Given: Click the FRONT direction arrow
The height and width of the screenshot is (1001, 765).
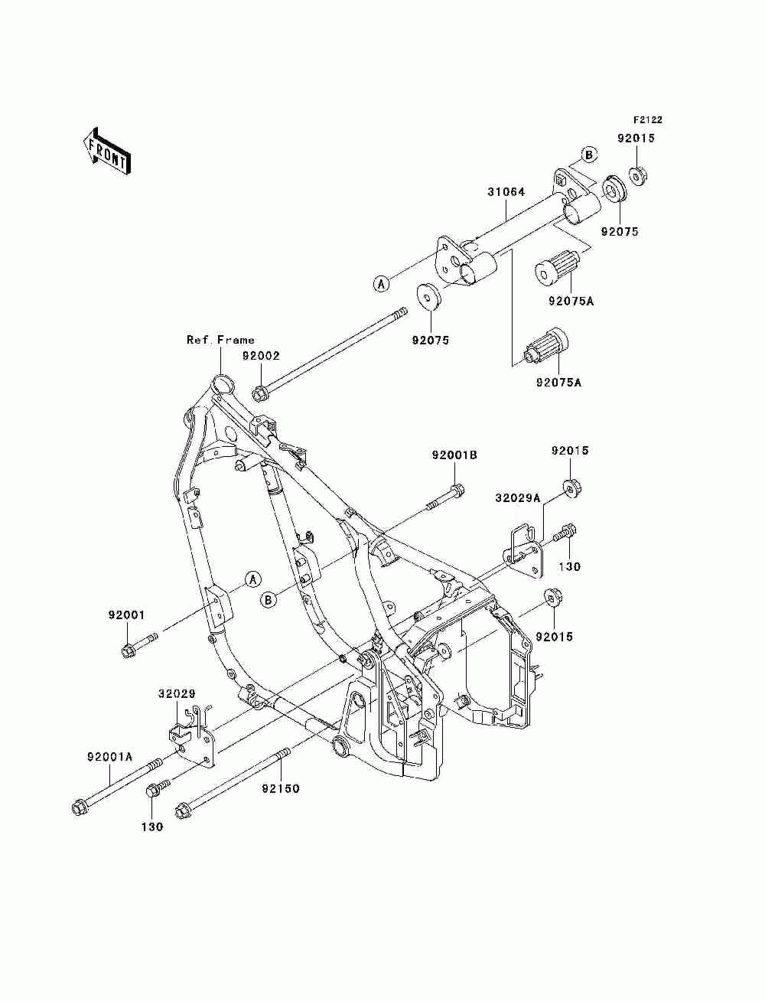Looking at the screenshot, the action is (x=107, y=151).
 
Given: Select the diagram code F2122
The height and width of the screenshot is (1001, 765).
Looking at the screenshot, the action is (x=647, y=120).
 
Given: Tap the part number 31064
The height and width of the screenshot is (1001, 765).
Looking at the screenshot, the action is (x=506, y=192).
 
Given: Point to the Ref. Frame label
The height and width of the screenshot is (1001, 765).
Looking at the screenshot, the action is (x=220, y=340).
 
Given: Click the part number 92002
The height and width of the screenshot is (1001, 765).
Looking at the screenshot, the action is (x=261, y=356).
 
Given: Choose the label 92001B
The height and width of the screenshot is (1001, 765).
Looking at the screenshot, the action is (x=454, y=455).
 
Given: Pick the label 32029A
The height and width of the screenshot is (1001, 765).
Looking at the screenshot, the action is (x=517, y=498).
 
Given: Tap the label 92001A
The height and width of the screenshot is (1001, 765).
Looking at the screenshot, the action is (x=110, y=757).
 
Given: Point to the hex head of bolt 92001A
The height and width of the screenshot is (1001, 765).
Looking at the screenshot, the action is (x=80, y=809).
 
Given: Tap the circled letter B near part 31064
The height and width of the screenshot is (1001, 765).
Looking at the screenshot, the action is (x=589, y=155).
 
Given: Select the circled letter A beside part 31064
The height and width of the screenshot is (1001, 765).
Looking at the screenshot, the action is (x=381, y=284).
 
